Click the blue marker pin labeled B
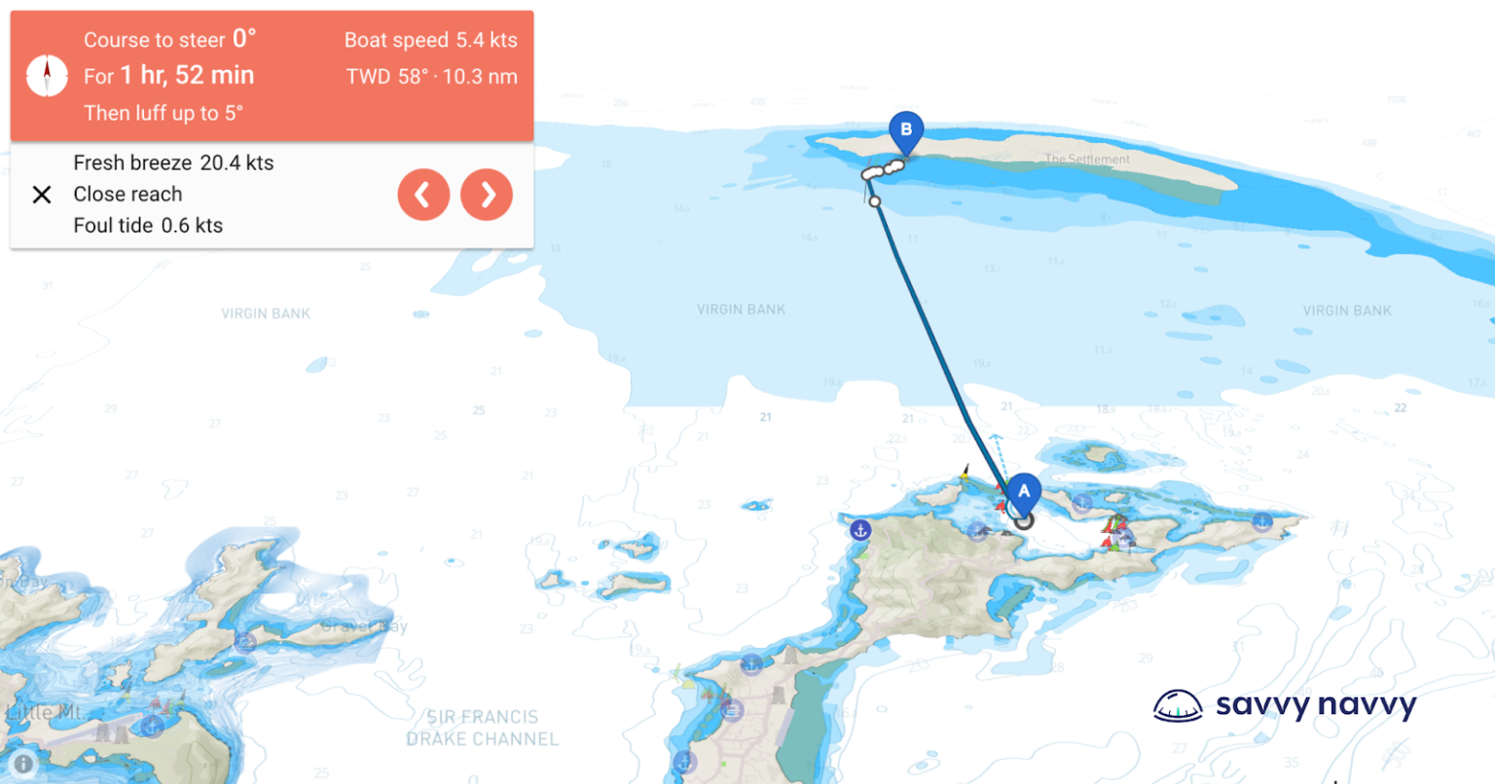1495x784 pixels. tap(906, 131)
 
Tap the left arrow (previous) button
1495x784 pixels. tap(423, 195)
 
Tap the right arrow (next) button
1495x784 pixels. tap(487, 195)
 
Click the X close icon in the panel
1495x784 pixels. tap(42, 195)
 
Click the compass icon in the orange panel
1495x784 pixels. tap(47, 76)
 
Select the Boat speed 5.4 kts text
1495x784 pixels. tap(430, 40)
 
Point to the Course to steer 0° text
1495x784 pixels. tap(169, 40)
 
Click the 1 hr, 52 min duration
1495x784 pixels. tap(187, 76)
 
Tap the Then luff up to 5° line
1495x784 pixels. tap(164, 113)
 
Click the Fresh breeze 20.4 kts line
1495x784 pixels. tap(173, 162)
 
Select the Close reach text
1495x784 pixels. tap(128, 194)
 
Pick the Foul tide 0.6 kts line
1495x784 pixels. tap(148, 226)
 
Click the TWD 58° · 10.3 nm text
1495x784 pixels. tap(431, 77)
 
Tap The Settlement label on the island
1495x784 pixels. tap(1087, 159)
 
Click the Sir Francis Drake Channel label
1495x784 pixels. tap(483, 728)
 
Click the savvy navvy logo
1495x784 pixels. tap(1284, 705)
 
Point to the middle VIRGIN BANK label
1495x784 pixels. tap(741, 309)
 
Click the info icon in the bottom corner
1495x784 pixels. tap(23, 764)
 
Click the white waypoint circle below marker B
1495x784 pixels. tap(875, 201)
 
